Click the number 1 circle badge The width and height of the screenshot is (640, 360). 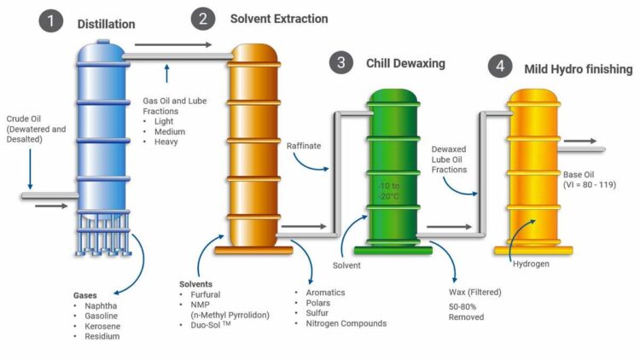tap(50, 20)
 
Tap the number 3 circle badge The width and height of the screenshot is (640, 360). tap(340, 62)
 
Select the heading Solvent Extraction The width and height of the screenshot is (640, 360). tap(279, 19)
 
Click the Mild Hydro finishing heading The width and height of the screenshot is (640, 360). tap(579, 69)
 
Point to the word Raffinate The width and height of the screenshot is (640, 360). tap(304, 146)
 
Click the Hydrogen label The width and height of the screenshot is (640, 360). tap(531, 264)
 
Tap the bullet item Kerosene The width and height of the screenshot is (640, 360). tap(102, 326)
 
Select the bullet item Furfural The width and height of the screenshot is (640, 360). tap(206, 294)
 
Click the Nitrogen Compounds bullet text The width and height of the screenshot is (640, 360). tap(346, 323)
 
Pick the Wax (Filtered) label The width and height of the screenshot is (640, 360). tap(475, 293)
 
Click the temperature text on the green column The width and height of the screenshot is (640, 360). tap(389, 191)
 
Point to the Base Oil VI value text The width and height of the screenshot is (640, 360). tap(590, 185)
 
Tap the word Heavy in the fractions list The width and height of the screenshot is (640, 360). tap(166, 142)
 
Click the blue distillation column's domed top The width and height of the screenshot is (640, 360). tap(102, 50)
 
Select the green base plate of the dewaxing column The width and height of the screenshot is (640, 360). tap(393, 250)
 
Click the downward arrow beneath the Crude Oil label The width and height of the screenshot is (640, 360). tap(30, 169)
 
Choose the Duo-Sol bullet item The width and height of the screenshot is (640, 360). tap(211, 325)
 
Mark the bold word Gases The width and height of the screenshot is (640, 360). tap(84, 295)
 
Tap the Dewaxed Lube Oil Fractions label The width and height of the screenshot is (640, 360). tap(449, 160)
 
